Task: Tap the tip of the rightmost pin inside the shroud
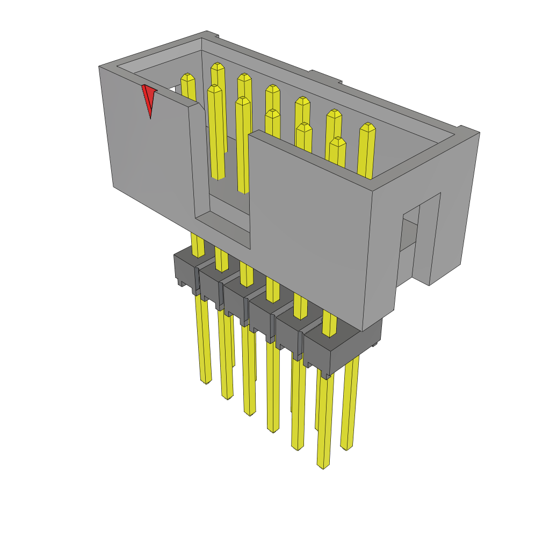click(367, 127)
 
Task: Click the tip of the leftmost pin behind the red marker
click(187, 77)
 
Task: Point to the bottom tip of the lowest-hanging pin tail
click(323, 465)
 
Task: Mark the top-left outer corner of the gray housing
click(100, 67)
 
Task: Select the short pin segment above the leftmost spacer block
click(198, 245)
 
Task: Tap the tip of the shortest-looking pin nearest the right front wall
click(337, 141)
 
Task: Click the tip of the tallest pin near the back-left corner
click(218, 66)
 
